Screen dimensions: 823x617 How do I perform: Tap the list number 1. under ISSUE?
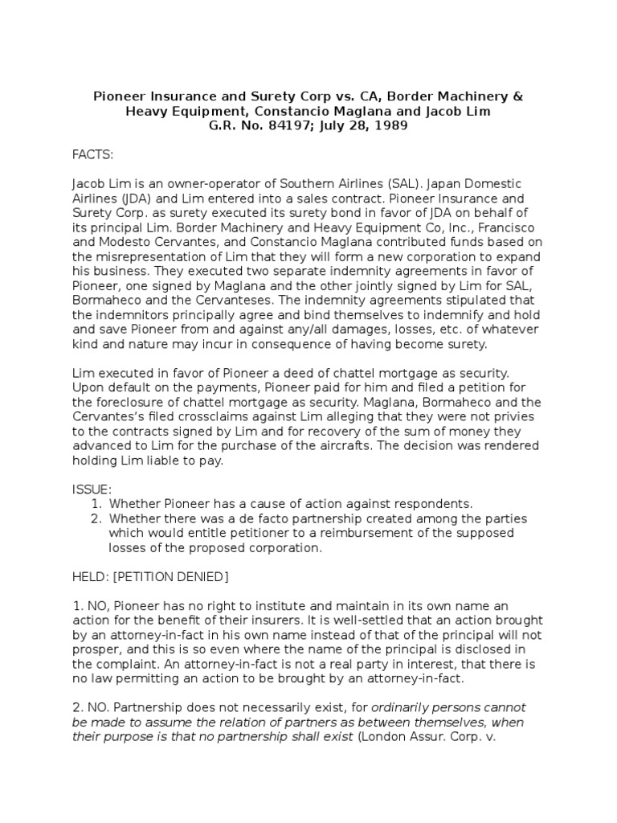[x=98, y=504]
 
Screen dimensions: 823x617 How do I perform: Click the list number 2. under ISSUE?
[x=98, y=518]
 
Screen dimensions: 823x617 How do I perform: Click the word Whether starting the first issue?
[x=136, y=504]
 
